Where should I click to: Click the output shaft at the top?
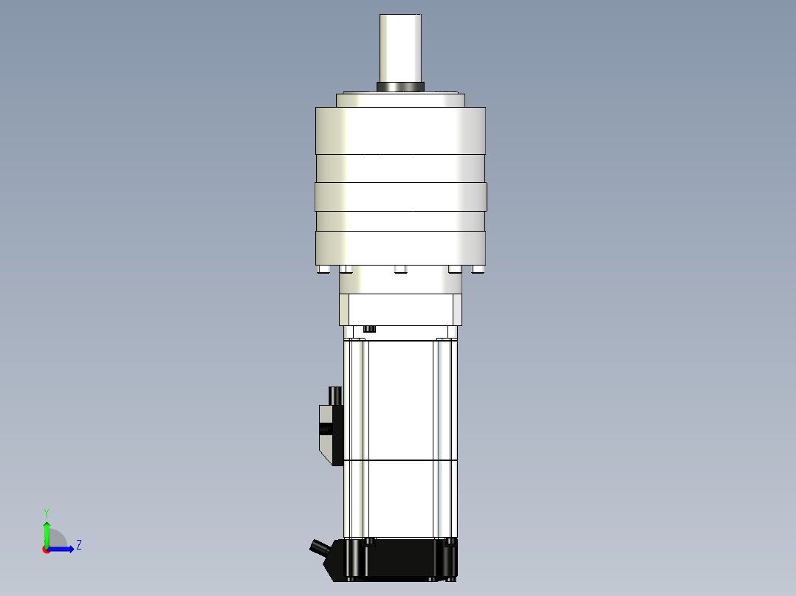coord(401,47)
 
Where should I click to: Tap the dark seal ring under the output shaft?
coord(401,87)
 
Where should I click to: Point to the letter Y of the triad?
coord(47,512)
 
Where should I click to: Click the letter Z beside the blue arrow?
coord(79,546)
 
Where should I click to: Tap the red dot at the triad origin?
coord(47,550)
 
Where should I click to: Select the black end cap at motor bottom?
coord(402,558)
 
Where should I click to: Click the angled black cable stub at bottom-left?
coord(320,548)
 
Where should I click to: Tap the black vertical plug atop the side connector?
coord(336,395)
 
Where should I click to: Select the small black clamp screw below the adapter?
coord(370,328)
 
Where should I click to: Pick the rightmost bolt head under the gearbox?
coord(478,271)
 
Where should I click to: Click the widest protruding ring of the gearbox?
coord(400,197)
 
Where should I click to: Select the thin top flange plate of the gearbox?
coord(400,100)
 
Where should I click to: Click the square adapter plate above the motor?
coord(400,309)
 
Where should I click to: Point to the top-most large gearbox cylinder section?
coord(400,131)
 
